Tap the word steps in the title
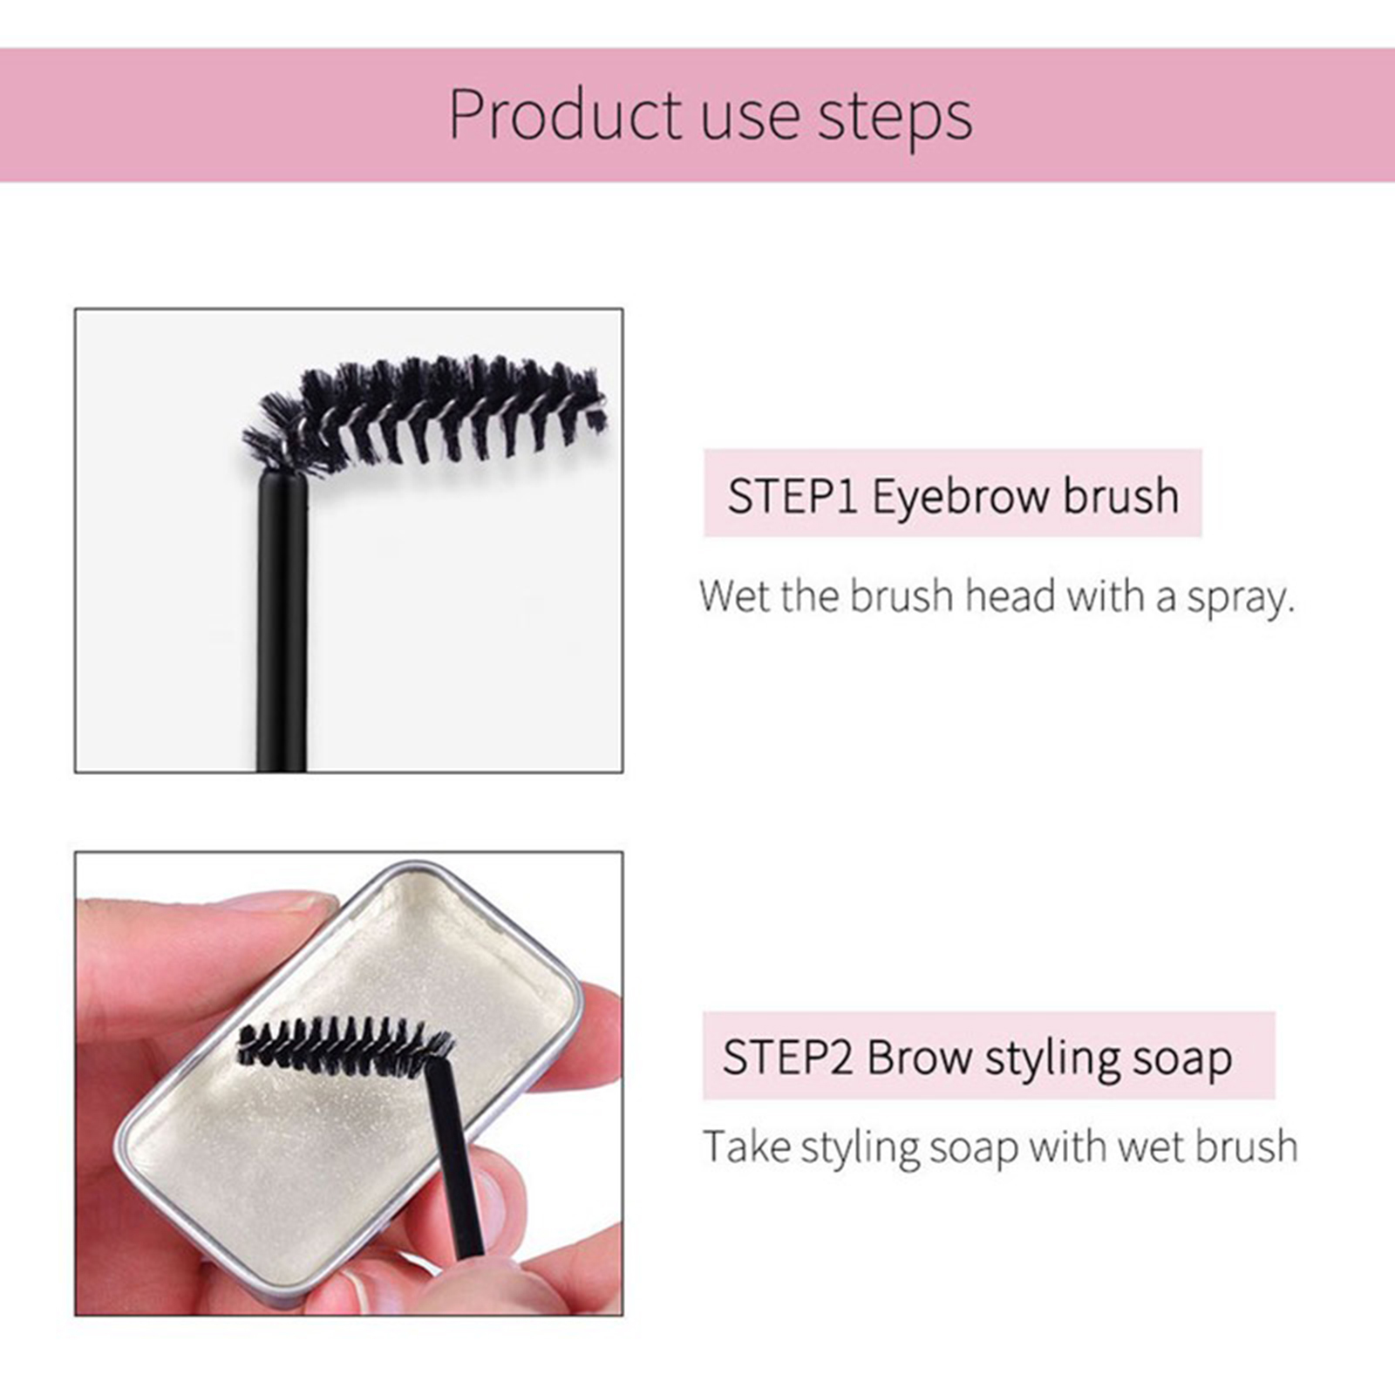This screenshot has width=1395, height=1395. tap(895, 118)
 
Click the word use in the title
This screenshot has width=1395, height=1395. tap(750, 120)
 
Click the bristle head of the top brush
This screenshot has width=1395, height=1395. tap(427, 409)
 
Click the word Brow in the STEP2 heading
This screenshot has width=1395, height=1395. tap(919, 1057)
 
